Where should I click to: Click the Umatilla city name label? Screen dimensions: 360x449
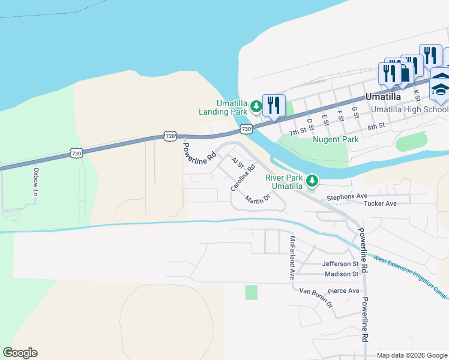(392, 96)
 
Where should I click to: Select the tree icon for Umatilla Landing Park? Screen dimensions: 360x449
(256, 107)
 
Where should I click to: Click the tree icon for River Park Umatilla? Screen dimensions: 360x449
(312, 181)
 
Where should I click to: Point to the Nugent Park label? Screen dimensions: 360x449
(336, 139)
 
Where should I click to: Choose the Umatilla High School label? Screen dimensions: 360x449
(409, 109)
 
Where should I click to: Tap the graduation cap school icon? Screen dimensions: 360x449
(440, 89)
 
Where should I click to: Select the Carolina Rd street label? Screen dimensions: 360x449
(243, 178)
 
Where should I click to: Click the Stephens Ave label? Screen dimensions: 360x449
(346, 197)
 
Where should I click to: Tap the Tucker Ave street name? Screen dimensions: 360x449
(380, 204)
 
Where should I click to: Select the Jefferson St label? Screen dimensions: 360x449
(340, 263)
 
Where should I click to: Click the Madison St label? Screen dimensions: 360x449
(341, 274)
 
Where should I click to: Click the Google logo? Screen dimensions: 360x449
(20, 353)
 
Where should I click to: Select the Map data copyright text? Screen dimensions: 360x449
(411, 355)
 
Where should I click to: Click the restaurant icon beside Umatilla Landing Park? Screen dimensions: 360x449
(273, 106)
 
